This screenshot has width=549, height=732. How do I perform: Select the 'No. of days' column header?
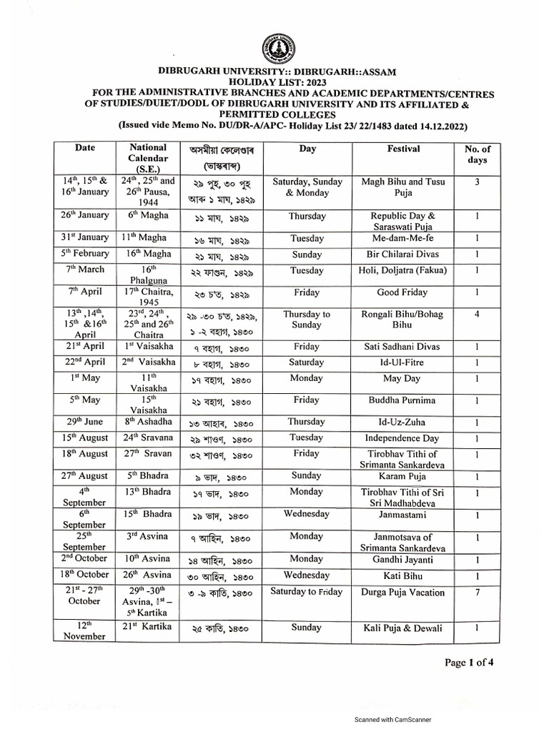coord(478,155)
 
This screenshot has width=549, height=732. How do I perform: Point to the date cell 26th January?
coord(85,215)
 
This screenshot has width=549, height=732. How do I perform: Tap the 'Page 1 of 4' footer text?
coord(469,663)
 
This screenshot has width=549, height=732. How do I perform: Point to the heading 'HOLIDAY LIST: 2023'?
coord(274,83)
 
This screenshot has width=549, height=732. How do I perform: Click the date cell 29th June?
coord(85,422)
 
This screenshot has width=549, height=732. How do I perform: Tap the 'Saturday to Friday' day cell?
coord(307,591)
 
